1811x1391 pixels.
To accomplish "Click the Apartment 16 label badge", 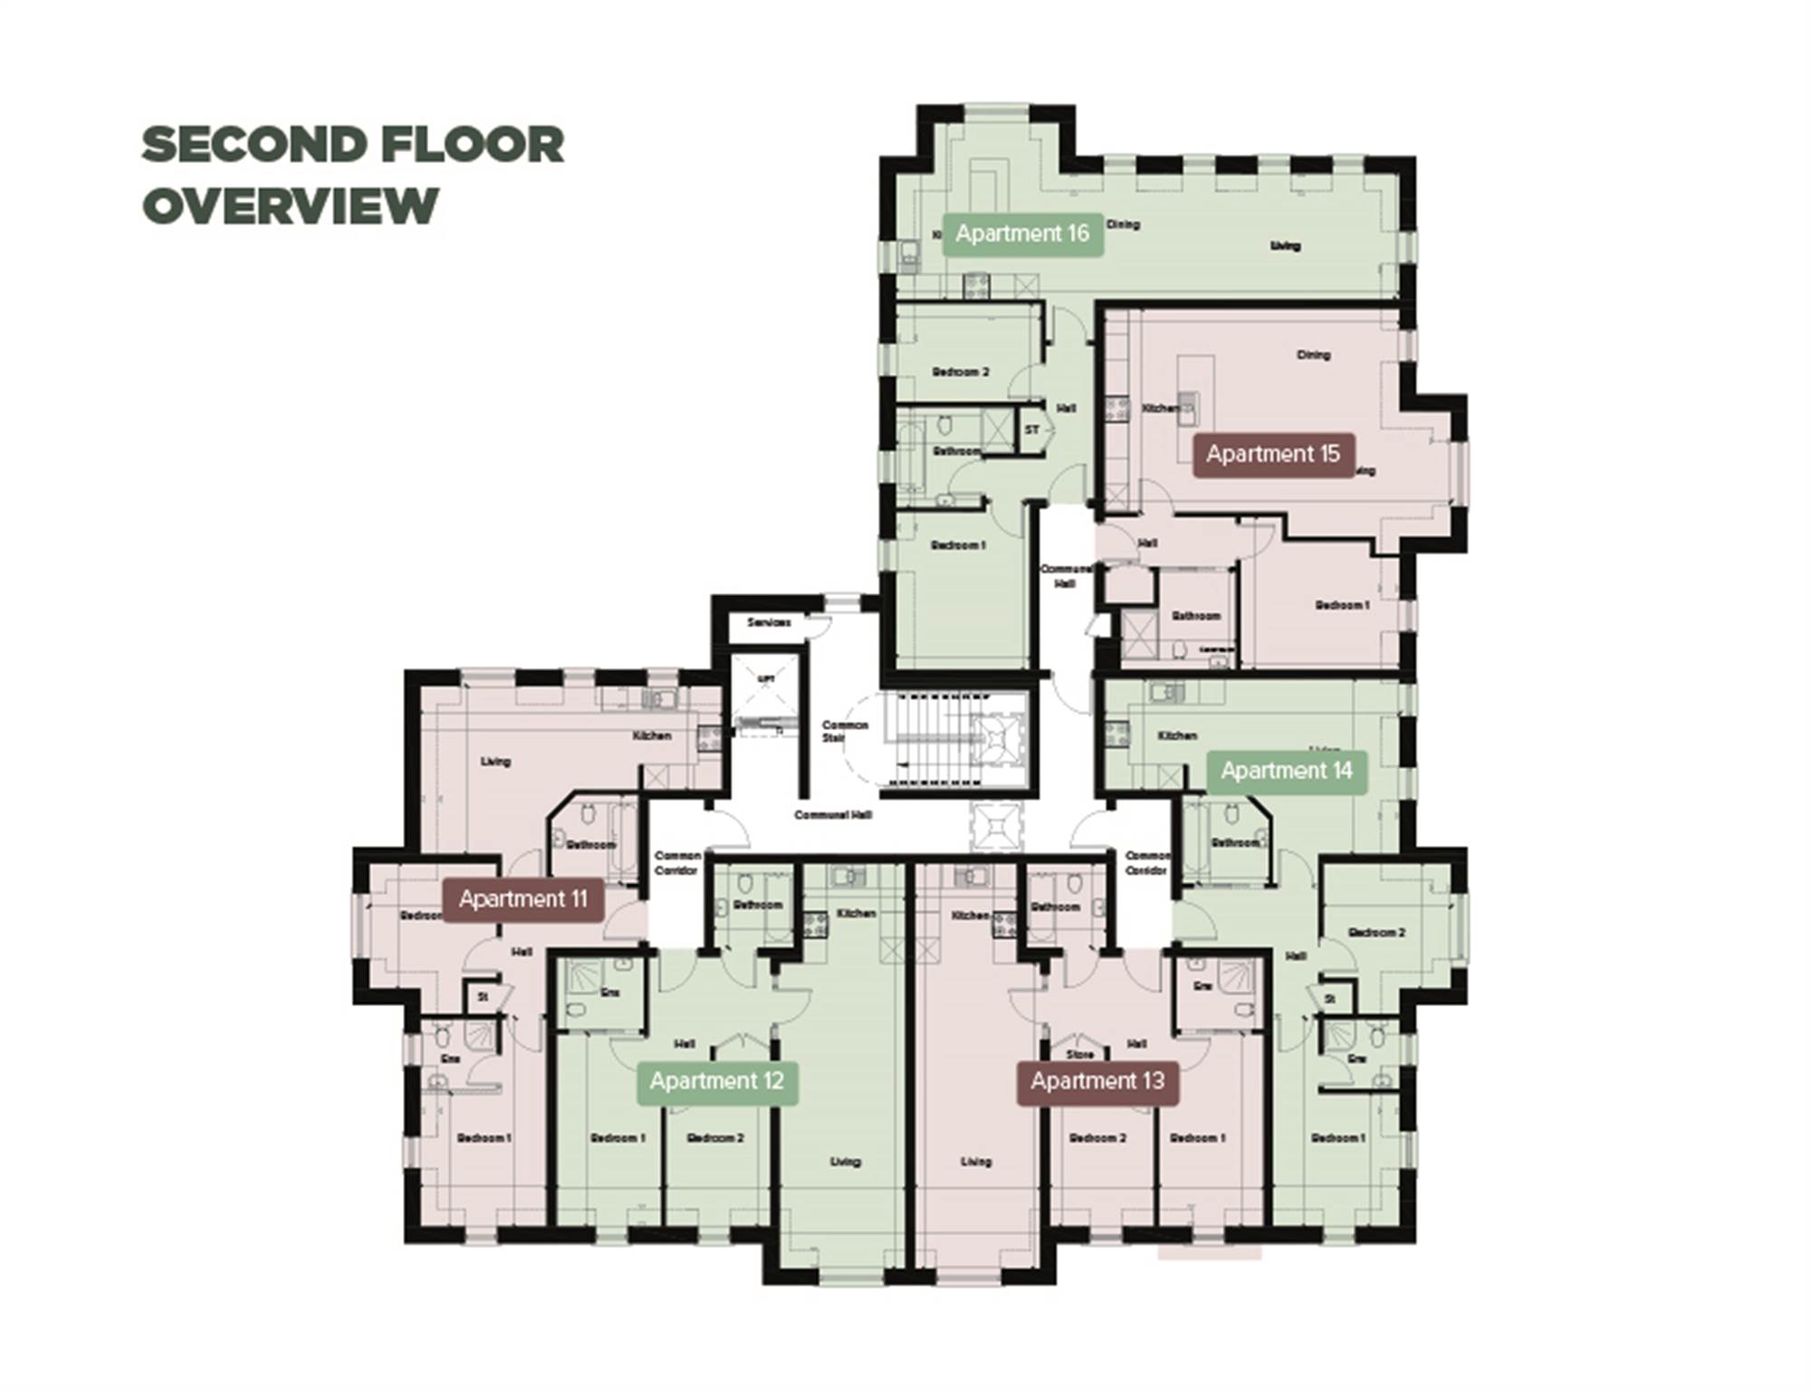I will point(1022,234).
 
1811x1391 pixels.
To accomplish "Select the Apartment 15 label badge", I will point(1272,454).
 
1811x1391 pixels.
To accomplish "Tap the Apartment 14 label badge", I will point(1286,771).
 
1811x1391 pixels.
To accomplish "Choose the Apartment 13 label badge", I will point(1097,1081).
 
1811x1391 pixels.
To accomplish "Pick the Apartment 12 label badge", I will point(716,1081).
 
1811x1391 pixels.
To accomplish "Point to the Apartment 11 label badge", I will point(522,899).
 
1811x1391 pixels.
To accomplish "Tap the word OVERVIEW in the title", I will point(291,206).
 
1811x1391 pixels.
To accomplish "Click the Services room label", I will point(769,623).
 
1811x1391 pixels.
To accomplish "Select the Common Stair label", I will point(844,731).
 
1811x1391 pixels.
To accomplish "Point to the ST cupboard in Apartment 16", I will point(1032,429).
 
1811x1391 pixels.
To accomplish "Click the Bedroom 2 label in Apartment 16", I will point(961,372).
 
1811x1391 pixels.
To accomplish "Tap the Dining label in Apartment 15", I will point(1313,355).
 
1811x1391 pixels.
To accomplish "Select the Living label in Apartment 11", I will point(495,762).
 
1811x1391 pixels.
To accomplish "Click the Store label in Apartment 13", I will point(1080,1055).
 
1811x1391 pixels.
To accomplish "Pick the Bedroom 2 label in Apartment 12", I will point(715,1138).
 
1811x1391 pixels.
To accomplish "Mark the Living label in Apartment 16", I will point(1285,245).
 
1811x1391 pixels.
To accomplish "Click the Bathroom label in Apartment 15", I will point(1196,616).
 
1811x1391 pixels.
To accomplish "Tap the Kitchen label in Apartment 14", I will point(1177,735).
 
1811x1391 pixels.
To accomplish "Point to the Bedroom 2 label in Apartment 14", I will point(1376,932).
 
